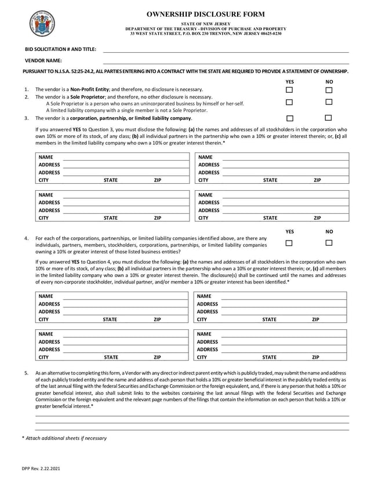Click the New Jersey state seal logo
[41, 23]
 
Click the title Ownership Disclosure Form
[205, 14]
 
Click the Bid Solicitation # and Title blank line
[225, 50]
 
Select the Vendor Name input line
[225, 61]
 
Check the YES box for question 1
[289, 90]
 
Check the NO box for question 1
[329, 90]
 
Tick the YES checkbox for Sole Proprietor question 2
[289, 102]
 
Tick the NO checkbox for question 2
[329, 102]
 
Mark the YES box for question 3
[289, 118]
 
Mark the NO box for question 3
[329, 118]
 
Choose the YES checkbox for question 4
[289, 243]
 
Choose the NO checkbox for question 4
[329, 243]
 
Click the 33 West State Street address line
[205, 34]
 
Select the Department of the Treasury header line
[205, 28]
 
